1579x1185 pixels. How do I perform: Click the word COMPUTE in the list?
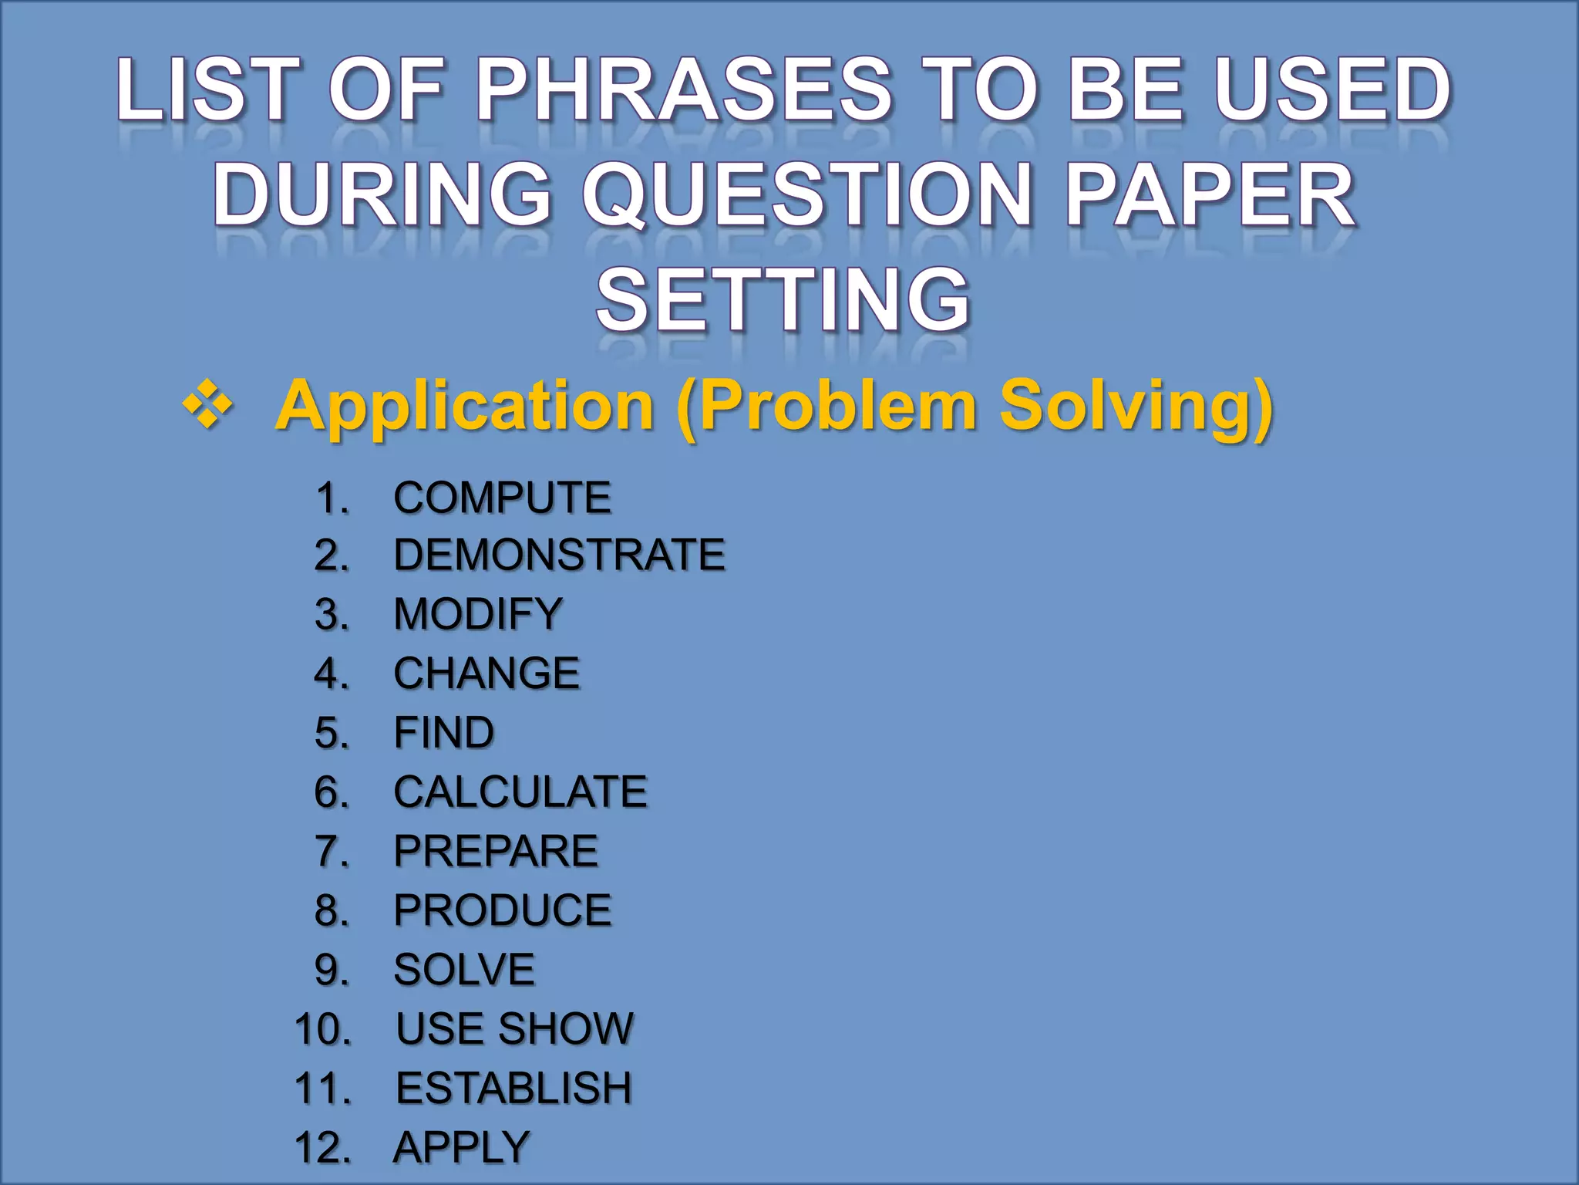pyautogui.click(x=502, y=497)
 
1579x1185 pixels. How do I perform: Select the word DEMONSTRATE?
pyautogui.click(x=559, y=555)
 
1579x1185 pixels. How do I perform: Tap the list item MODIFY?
pyautogui.click(x=478, y=614)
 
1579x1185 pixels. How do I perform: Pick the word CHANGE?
pyautogui.click(x=486, y=673)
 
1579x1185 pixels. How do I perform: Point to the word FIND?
pyautogui.click(x=443, y=732)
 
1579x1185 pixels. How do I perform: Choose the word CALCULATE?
pyautogui.click(x=520, y=792)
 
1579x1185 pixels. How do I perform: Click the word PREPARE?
pyautogui.click(x=496, y=851)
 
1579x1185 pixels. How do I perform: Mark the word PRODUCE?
pyautogui.click(x=503, y=910)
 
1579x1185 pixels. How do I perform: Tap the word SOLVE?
pyautogui.click(x=464, y=970)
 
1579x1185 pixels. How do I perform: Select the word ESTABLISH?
pyautogui.click(x=513, y=1088)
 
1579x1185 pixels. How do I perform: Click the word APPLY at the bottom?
pyautogui.click(x=461, y=1146)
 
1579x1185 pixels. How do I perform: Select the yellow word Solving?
pyautogui.click(x=1136, y=407)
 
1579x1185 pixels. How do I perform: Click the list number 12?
pyautogui.click(x=322, y=1147)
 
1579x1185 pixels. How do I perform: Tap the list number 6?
pyautogui.click(x=332, y=792)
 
